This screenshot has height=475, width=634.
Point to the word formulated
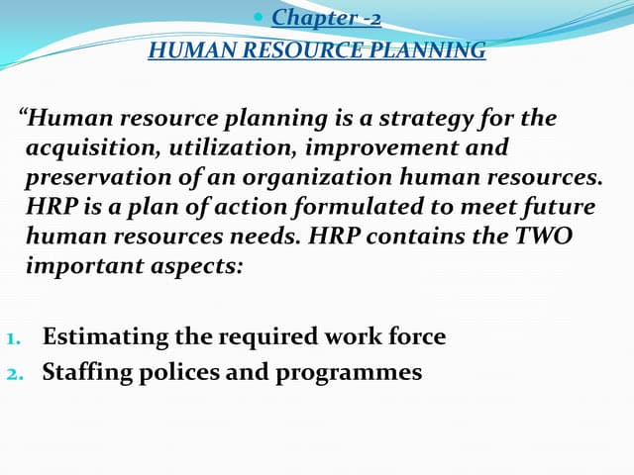pos(322,209)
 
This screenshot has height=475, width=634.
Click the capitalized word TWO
pos(544,238)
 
